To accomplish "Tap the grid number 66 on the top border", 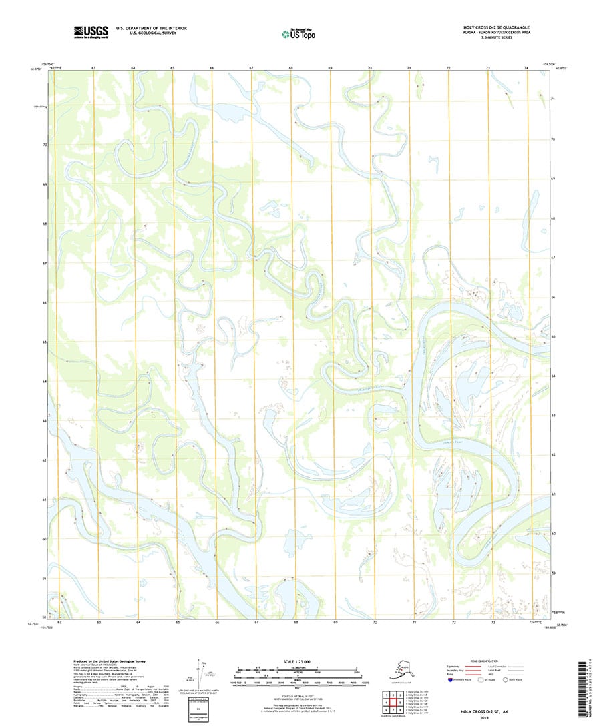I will pos(212,69).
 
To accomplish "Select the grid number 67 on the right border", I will pos(554,257).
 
